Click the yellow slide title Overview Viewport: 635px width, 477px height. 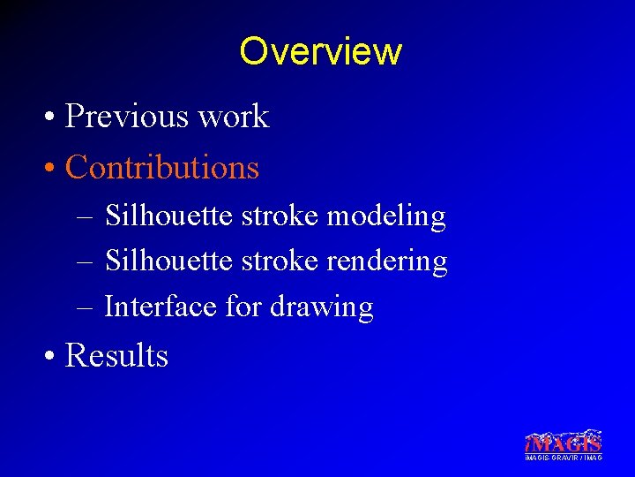[x=320, y=51]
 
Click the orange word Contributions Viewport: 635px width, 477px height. [x=162, y=167]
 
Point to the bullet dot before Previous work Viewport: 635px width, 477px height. [x=53, y=117]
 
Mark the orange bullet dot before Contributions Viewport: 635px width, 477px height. [x=53, y=169]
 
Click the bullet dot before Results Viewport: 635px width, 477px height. [x=53, y=357]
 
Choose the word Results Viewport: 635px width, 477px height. [x=116, y=355]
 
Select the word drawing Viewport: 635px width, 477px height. [x=321, y=308]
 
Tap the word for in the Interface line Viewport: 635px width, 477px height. [x=243, y=307]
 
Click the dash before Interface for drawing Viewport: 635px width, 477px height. [x=84, y=307]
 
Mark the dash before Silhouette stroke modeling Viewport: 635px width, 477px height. [x=84, y=216]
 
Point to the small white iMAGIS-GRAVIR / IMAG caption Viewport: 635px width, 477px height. [x=563, y=458]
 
